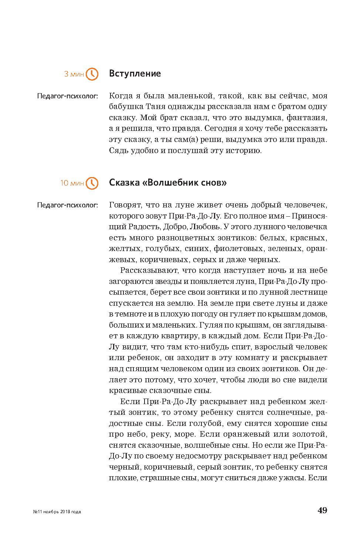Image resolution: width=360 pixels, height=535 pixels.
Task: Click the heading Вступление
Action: tap(135, 74)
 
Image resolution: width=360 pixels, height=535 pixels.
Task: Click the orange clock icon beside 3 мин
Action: tap(92, 74)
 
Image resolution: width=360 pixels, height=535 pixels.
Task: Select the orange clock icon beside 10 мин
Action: tap(92, 183)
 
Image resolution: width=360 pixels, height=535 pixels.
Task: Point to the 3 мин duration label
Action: tap(74, 74)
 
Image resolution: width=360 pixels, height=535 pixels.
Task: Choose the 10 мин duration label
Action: tap(72, 183)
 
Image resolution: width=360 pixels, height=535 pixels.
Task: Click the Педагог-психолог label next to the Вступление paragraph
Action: tap(68, 96)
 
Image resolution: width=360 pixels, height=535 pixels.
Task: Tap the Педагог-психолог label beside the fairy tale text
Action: tap(68, 205)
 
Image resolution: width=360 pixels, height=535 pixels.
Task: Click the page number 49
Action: tap(322, 511)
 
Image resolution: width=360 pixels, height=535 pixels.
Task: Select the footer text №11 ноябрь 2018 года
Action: tap(57, 512)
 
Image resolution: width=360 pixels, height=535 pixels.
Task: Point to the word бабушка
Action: tap(123, 107)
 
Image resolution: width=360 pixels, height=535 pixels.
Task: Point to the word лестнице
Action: tap(309, 292)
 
